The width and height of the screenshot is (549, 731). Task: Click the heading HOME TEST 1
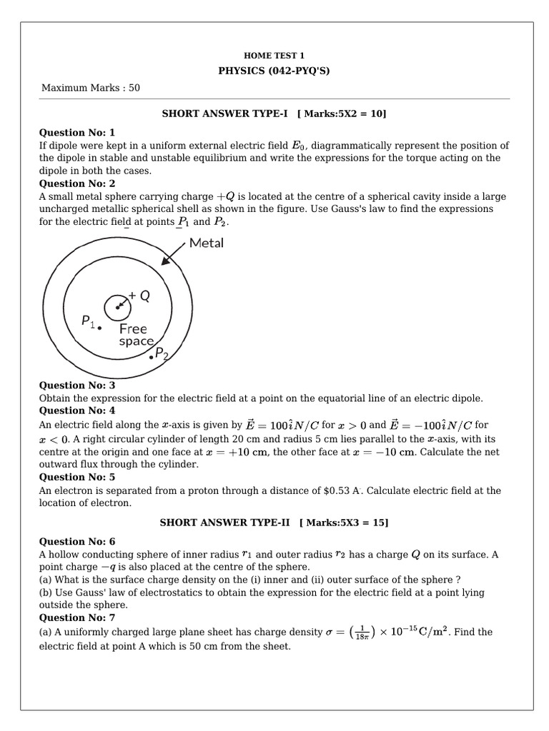274,55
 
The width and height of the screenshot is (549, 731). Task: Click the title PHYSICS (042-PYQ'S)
274,71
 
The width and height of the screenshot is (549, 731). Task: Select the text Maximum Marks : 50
91,88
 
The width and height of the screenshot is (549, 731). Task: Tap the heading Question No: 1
76,133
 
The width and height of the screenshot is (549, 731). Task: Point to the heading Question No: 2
76,183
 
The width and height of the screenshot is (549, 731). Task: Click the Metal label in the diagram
207,243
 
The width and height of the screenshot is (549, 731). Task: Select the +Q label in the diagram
139,296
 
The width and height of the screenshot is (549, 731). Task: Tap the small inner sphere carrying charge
117,308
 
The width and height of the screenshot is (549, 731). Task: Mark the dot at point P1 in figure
100,328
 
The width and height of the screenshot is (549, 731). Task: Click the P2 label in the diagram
162,353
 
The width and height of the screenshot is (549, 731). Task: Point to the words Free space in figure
134,336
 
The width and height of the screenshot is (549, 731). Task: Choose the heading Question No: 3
76,385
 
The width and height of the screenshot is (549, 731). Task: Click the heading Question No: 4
76,410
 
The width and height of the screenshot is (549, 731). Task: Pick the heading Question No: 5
76,477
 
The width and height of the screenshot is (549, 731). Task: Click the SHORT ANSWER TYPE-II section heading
274,523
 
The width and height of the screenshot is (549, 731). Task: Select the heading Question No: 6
76,542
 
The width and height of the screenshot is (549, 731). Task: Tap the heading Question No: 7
76,617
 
